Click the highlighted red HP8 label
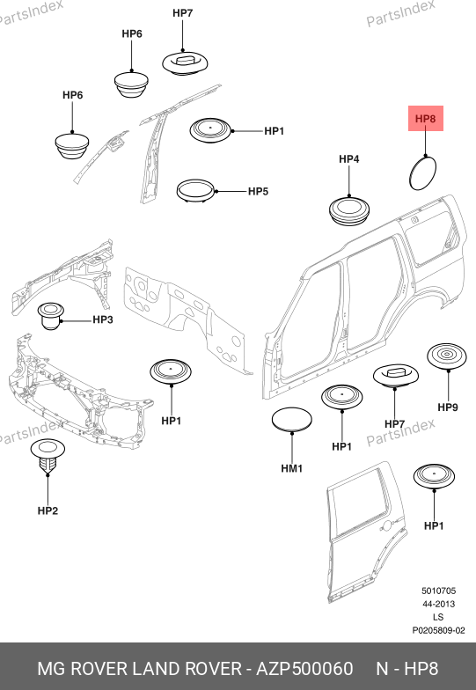[x=426, y=118]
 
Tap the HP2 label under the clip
[x=48, y=510]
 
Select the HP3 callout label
[x=102, y=319]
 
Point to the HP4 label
[x=348, y=158]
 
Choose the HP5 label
[x=259, y=191]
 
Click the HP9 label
[x=448, y=407]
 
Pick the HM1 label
[x=292, y=468]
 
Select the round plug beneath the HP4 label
[x=349, y=211]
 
